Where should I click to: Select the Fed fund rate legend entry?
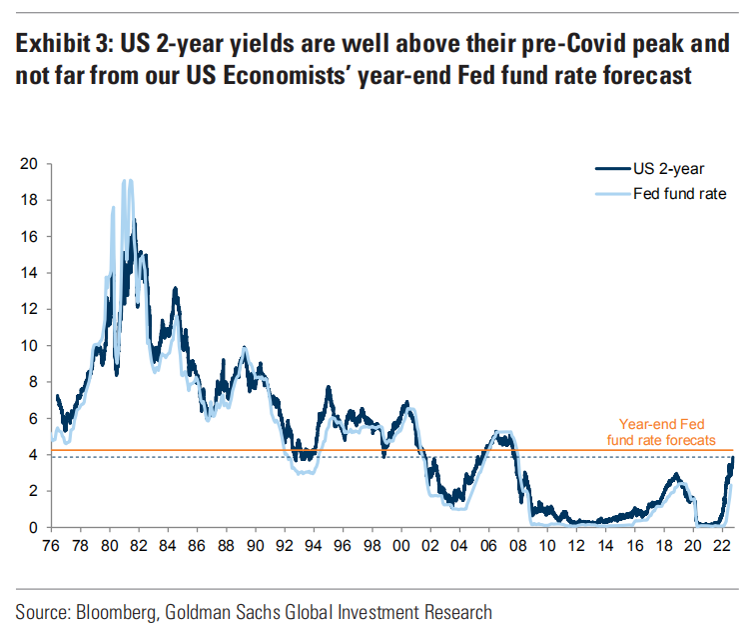679,193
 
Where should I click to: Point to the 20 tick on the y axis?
31,164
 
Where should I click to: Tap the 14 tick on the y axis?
31,273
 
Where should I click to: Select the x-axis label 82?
140,547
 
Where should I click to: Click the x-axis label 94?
315,547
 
